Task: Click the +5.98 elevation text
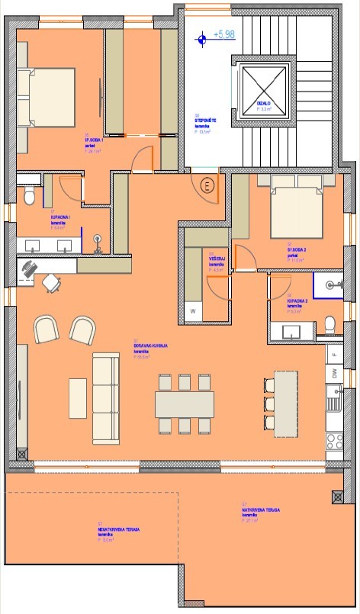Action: point(225,35)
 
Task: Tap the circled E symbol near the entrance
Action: point(206,185)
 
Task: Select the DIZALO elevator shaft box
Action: point(266,91)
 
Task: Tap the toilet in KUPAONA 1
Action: point(29,197)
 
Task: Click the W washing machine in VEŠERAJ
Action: point(193,311)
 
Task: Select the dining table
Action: point(183,403)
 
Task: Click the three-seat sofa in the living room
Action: point(106,397)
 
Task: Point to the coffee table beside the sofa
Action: point(78,398)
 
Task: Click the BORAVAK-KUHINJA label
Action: point(150,345)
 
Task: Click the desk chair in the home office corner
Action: point(51,283)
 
